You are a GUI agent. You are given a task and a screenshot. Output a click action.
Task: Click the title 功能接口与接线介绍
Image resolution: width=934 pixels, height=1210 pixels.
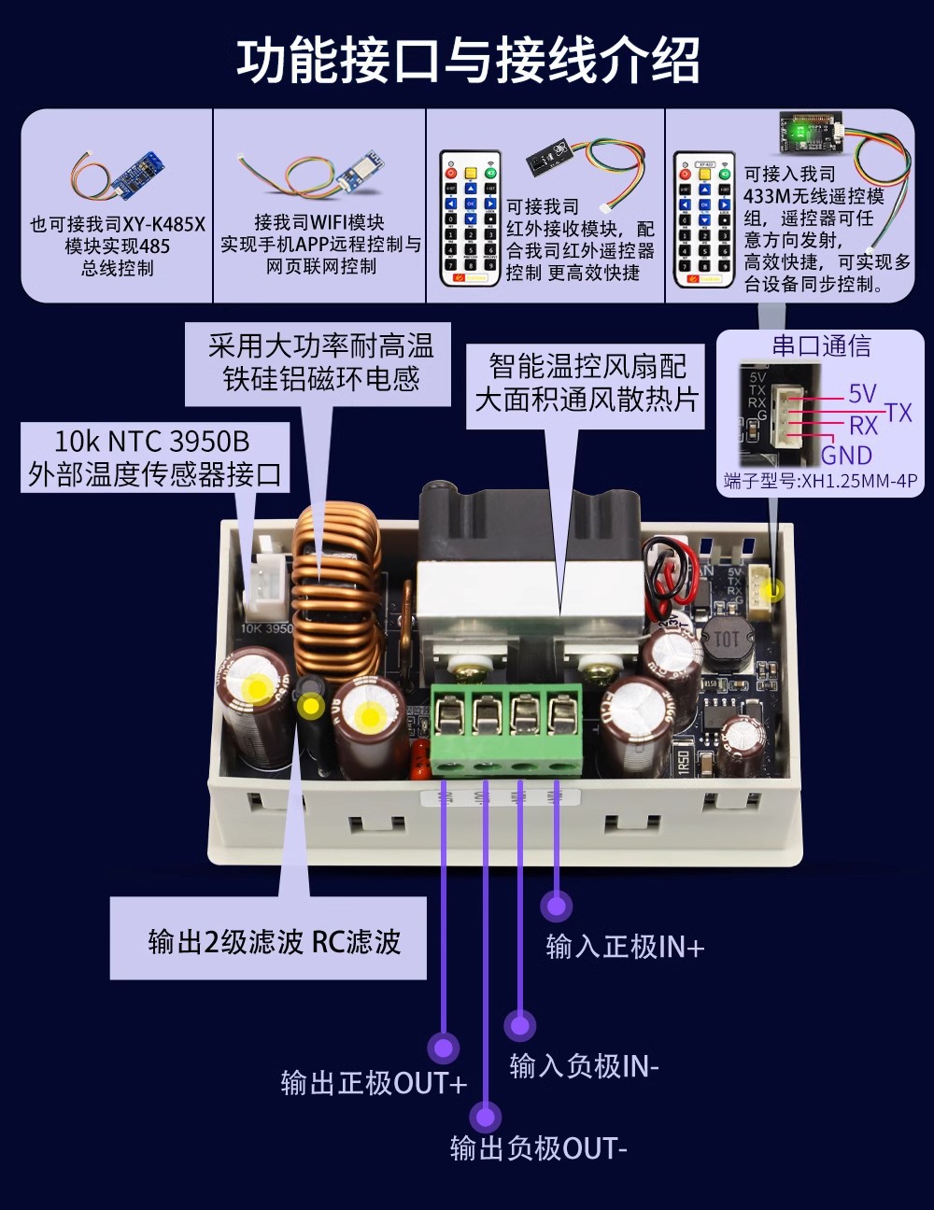467,61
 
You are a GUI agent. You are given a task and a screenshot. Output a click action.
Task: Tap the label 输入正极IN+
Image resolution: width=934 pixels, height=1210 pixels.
624,947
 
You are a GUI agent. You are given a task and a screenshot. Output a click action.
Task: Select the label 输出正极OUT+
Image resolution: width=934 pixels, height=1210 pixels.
374,1083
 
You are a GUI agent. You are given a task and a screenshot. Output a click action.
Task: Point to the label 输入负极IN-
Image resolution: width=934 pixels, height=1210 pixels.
584,1065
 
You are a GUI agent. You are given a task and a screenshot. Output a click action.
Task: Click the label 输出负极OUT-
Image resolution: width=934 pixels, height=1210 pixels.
538,1147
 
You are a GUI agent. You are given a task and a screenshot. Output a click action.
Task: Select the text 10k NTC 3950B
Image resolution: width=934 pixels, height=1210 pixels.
151,441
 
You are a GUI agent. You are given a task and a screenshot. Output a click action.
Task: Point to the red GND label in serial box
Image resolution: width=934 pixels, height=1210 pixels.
846,456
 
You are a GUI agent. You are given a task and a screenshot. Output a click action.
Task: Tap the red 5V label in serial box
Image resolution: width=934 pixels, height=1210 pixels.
861,394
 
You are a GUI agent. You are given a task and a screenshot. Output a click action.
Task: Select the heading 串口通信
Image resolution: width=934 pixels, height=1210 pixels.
821,346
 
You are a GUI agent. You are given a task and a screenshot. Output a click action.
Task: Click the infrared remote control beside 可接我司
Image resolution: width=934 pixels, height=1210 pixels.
470,219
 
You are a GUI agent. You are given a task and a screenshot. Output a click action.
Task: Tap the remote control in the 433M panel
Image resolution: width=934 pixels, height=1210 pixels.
703,219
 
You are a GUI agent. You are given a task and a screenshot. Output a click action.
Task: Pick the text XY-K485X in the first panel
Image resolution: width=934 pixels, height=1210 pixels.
164,224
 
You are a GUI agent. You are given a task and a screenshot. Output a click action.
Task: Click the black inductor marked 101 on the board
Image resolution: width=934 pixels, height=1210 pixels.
726,640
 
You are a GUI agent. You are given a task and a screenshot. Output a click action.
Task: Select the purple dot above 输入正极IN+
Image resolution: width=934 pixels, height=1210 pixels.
557,905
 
